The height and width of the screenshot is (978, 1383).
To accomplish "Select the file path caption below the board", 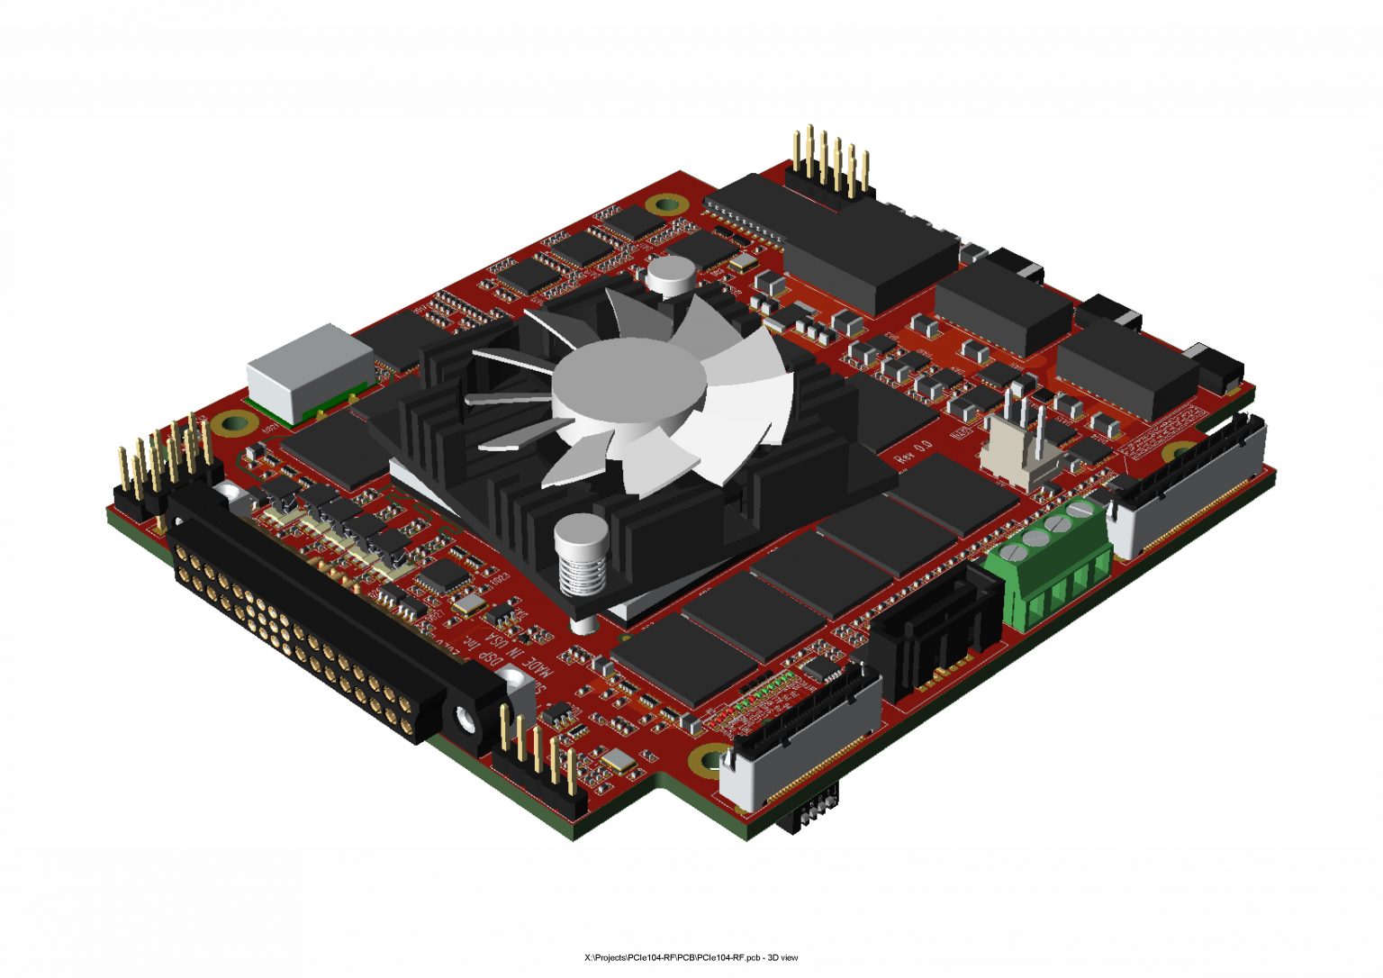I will coord(691,957).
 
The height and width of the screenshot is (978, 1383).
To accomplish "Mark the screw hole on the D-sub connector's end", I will coord(465,720).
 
